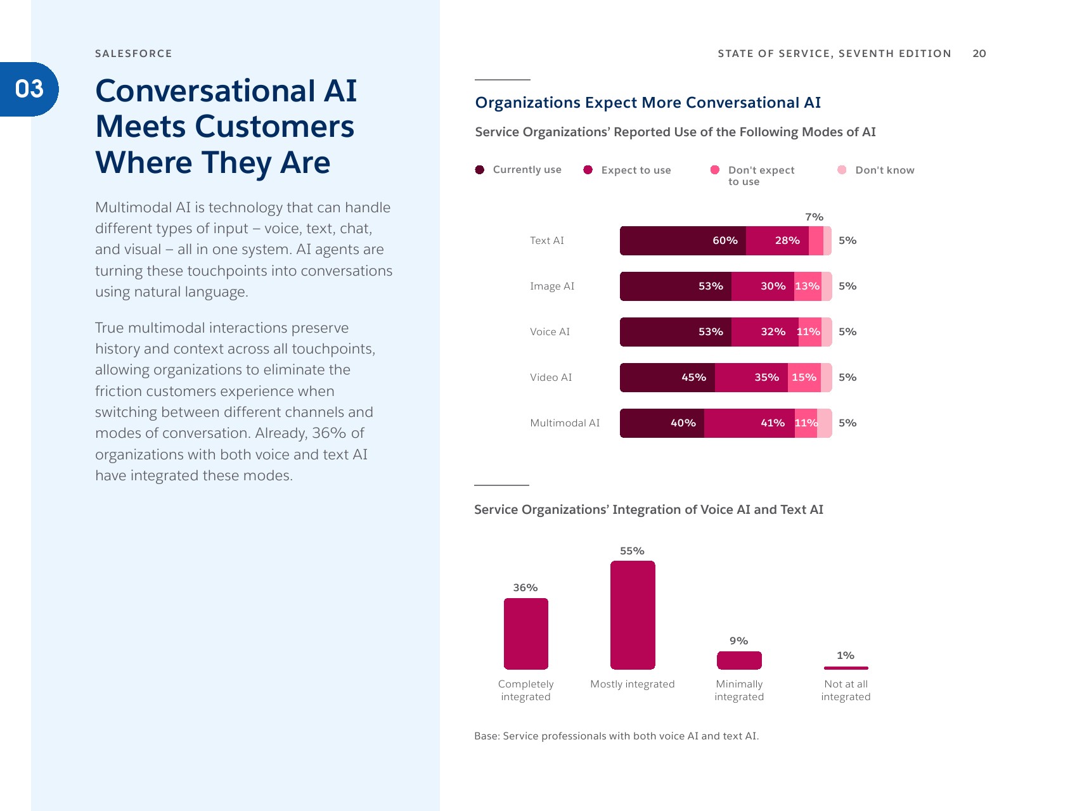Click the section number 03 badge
29,89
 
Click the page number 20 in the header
979,54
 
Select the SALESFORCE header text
133,54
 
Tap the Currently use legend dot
480,170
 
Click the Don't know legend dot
842,170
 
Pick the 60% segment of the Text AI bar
683,241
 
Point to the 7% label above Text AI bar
814,217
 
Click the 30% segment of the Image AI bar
763,286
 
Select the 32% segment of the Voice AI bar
764,332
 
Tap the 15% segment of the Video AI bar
804,378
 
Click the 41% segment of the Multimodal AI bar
749,423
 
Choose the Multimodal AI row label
565,423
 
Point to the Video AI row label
551,378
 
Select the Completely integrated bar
526,634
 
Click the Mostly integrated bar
633,615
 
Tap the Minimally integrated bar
739,660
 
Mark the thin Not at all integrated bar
846,668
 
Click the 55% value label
632,551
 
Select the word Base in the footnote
486,736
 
